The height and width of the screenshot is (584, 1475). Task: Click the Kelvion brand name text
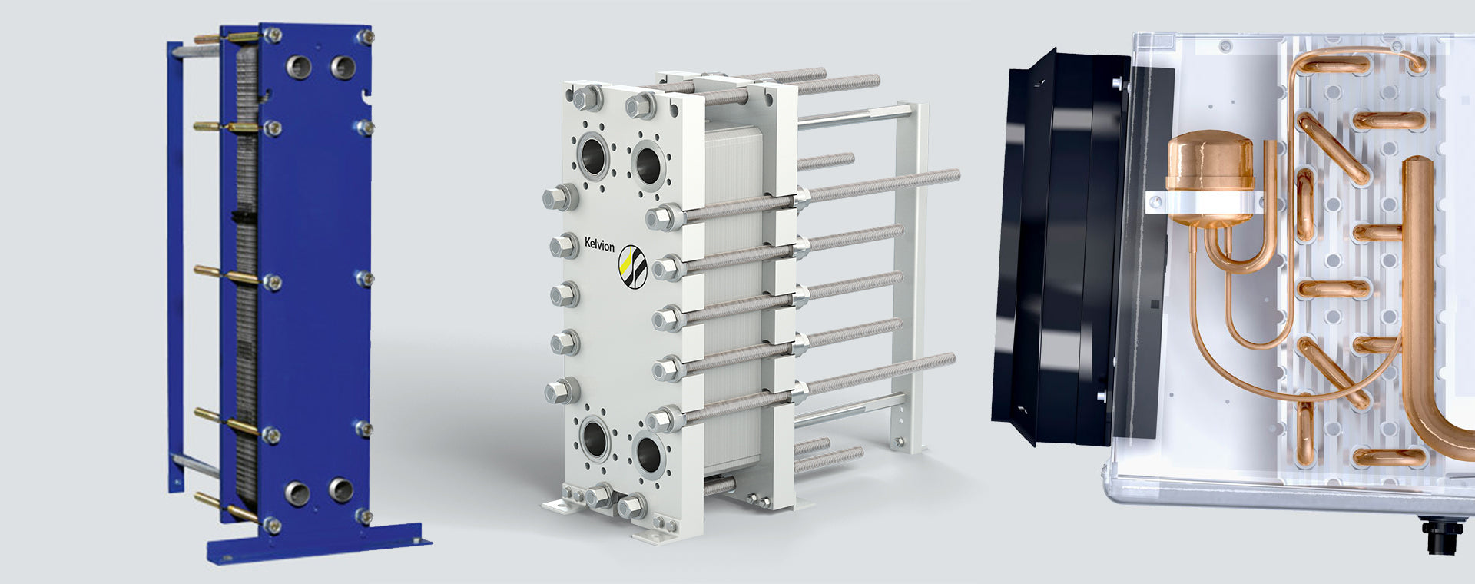point(599,244)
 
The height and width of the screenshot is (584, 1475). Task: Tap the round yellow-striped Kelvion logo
point(633,267)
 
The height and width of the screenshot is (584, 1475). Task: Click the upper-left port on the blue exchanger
point(299,67)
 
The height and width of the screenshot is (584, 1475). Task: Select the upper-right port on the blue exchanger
point(343,66)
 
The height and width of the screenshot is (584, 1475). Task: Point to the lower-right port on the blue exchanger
point(341,489)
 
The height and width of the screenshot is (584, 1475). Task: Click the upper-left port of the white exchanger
point(594,156)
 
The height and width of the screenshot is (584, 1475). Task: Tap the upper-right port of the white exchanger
point(648,163)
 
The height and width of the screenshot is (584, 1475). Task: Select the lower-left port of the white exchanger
point(595,438)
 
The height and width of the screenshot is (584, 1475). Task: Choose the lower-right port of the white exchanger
point(648,454)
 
